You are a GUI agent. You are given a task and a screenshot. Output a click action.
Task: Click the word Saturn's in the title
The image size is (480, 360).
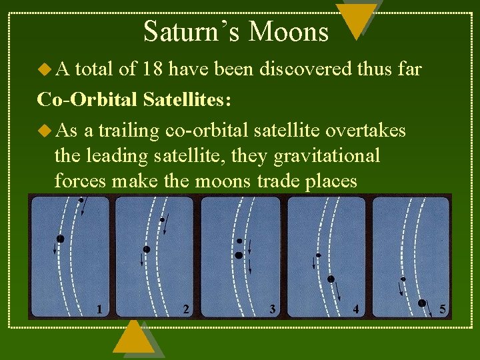[x=187, y=31]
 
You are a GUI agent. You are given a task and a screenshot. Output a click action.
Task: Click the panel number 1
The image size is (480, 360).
[x=99, y=309]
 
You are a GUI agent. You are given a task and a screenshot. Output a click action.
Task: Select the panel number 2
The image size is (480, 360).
[x=186, y=309]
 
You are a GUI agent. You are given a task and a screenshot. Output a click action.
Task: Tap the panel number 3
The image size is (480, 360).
[x=272, y=309]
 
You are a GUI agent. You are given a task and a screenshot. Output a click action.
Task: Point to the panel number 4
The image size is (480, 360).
[x=356, y=309]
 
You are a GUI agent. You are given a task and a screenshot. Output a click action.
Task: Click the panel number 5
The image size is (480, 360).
[x=443, y=309]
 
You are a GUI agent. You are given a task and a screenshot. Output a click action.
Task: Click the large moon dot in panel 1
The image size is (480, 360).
[x=61, y=238]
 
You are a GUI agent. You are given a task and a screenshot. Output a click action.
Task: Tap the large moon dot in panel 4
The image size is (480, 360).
[x=331, y=279]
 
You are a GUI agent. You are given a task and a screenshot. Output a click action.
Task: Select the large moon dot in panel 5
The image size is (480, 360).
[x=421, y=303]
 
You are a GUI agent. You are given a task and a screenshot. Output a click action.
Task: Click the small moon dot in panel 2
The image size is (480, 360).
[x=162, y=219]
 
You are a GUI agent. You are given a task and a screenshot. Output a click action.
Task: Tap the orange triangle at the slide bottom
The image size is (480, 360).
[x=134, y=339]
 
